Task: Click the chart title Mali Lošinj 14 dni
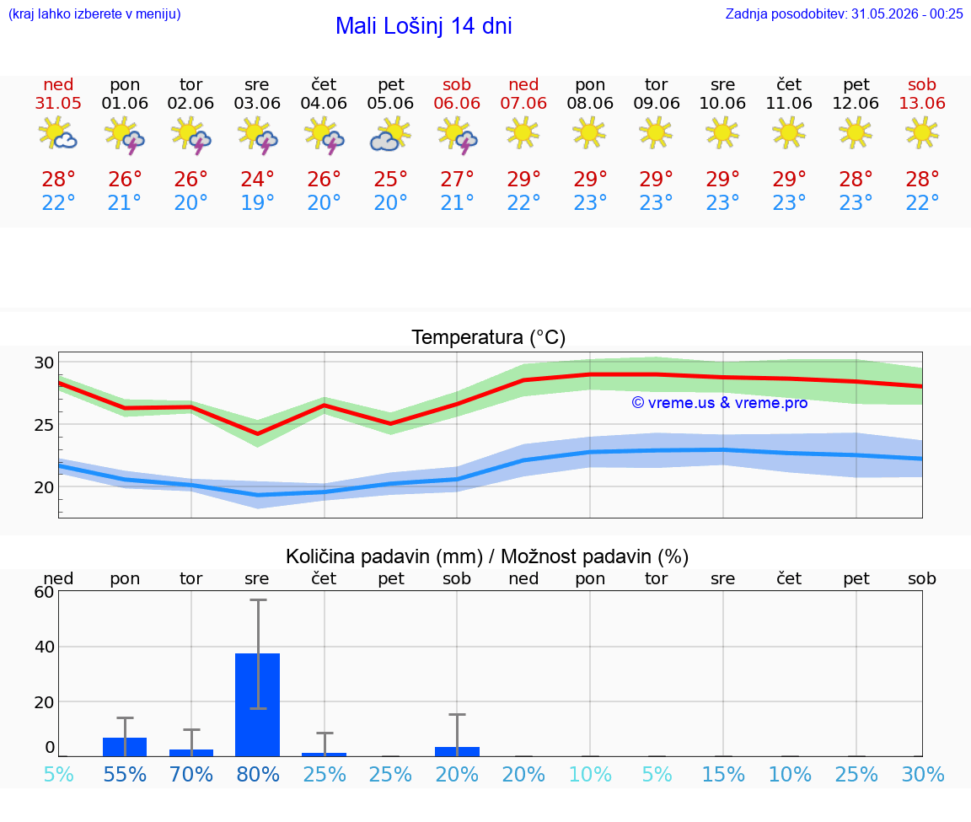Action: [424, 26]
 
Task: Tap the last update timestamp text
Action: [844, 13]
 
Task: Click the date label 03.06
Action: [257, 103]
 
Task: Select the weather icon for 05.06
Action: [390, 134]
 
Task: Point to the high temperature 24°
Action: [257, 179]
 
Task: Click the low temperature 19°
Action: [257, 202]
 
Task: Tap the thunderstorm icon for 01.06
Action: [125, 134]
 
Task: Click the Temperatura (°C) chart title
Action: [489, 337]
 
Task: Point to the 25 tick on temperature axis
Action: [44, 425]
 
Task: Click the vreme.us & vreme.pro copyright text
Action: [720, 403]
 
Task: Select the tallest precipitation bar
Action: [258, 705]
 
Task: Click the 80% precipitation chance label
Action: [258, 774]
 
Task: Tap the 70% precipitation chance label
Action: [191, 774]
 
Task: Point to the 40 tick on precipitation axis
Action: [45, 647]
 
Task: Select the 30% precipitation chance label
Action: [923, 774]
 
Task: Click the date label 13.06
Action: [922, 103]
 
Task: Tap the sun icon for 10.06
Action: [722, 132]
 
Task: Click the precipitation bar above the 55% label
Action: [125, 747]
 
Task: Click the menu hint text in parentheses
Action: [94, 13]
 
